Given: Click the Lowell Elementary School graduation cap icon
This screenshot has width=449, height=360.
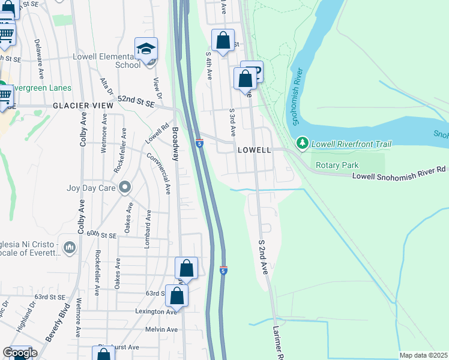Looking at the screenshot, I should click(146, 49).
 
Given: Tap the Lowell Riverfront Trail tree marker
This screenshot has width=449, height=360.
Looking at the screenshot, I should click(303, 143).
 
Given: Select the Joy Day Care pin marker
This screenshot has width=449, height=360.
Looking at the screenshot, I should click(125, 188).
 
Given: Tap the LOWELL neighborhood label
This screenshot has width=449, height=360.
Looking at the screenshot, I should click(255, 149).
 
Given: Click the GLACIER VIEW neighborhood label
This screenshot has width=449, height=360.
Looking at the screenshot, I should click(83, 106).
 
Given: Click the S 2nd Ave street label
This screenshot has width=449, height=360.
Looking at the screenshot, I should click(262, 257).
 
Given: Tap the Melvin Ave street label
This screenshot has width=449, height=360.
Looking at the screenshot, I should click(161, 329).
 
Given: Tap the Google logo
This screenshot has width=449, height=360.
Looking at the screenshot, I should click(20, 353).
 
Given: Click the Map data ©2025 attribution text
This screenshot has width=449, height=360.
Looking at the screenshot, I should click(423, 355).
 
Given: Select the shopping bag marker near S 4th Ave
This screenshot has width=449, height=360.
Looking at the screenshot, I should click(223, 41).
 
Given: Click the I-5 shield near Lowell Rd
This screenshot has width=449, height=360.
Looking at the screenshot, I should click(199, 143).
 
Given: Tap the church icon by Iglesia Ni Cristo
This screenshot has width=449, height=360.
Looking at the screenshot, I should click(70, 247).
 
